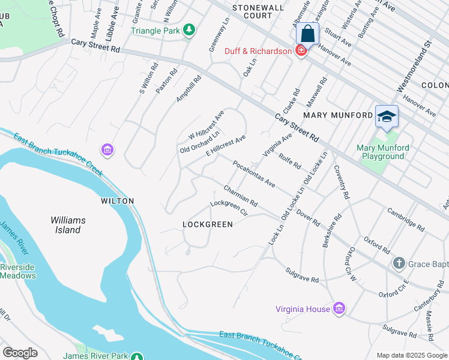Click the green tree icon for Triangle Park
coord(189,29)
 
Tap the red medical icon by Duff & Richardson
coord(301,51)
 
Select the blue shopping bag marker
coord(307,34)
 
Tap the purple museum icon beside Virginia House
coord(339,308)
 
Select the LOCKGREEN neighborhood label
coord(208,224)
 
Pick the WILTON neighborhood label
coord(118,201)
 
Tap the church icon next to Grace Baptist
coord(398,263)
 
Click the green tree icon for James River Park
coord(137,356)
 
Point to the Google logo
coord(20,353)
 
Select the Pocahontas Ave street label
coord(254,174)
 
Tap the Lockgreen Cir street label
coord(229,208)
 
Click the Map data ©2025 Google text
coord(411,355)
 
